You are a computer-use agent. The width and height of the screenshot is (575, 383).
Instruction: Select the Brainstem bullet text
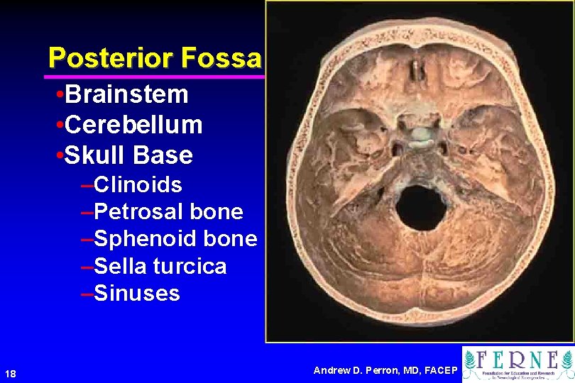(x=126, y=94)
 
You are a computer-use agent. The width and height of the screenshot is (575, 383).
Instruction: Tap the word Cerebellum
(x=133, y=125)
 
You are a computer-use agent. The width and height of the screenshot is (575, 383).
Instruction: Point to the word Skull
(x=93, y=155)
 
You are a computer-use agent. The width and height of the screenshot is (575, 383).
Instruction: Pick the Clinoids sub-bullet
(x=138, y=185)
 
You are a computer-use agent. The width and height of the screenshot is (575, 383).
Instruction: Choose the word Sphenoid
(x=146, y=239)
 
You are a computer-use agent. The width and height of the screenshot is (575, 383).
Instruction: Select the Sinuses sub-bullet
(x=136, y=293)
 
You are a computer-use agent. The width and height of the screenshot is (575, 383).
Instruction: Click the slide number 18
(x=10, y=374)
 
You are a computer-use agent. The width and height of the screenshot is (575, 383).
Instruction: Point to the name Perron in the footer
(x=388, y=370)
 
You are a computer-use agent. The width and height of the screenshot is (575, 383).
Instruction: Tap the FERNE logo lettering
(x=530, y=360)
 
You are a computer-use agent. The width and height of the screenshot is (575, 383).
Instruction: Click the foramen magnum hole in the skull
(x=420, y=208)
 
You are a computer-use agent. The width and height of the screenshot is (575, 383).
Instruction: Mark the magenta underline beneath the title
(x=153, y=76)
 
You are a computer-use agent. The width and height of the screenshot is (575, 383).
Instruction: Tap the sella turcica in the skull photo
(x=421, y=134)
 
